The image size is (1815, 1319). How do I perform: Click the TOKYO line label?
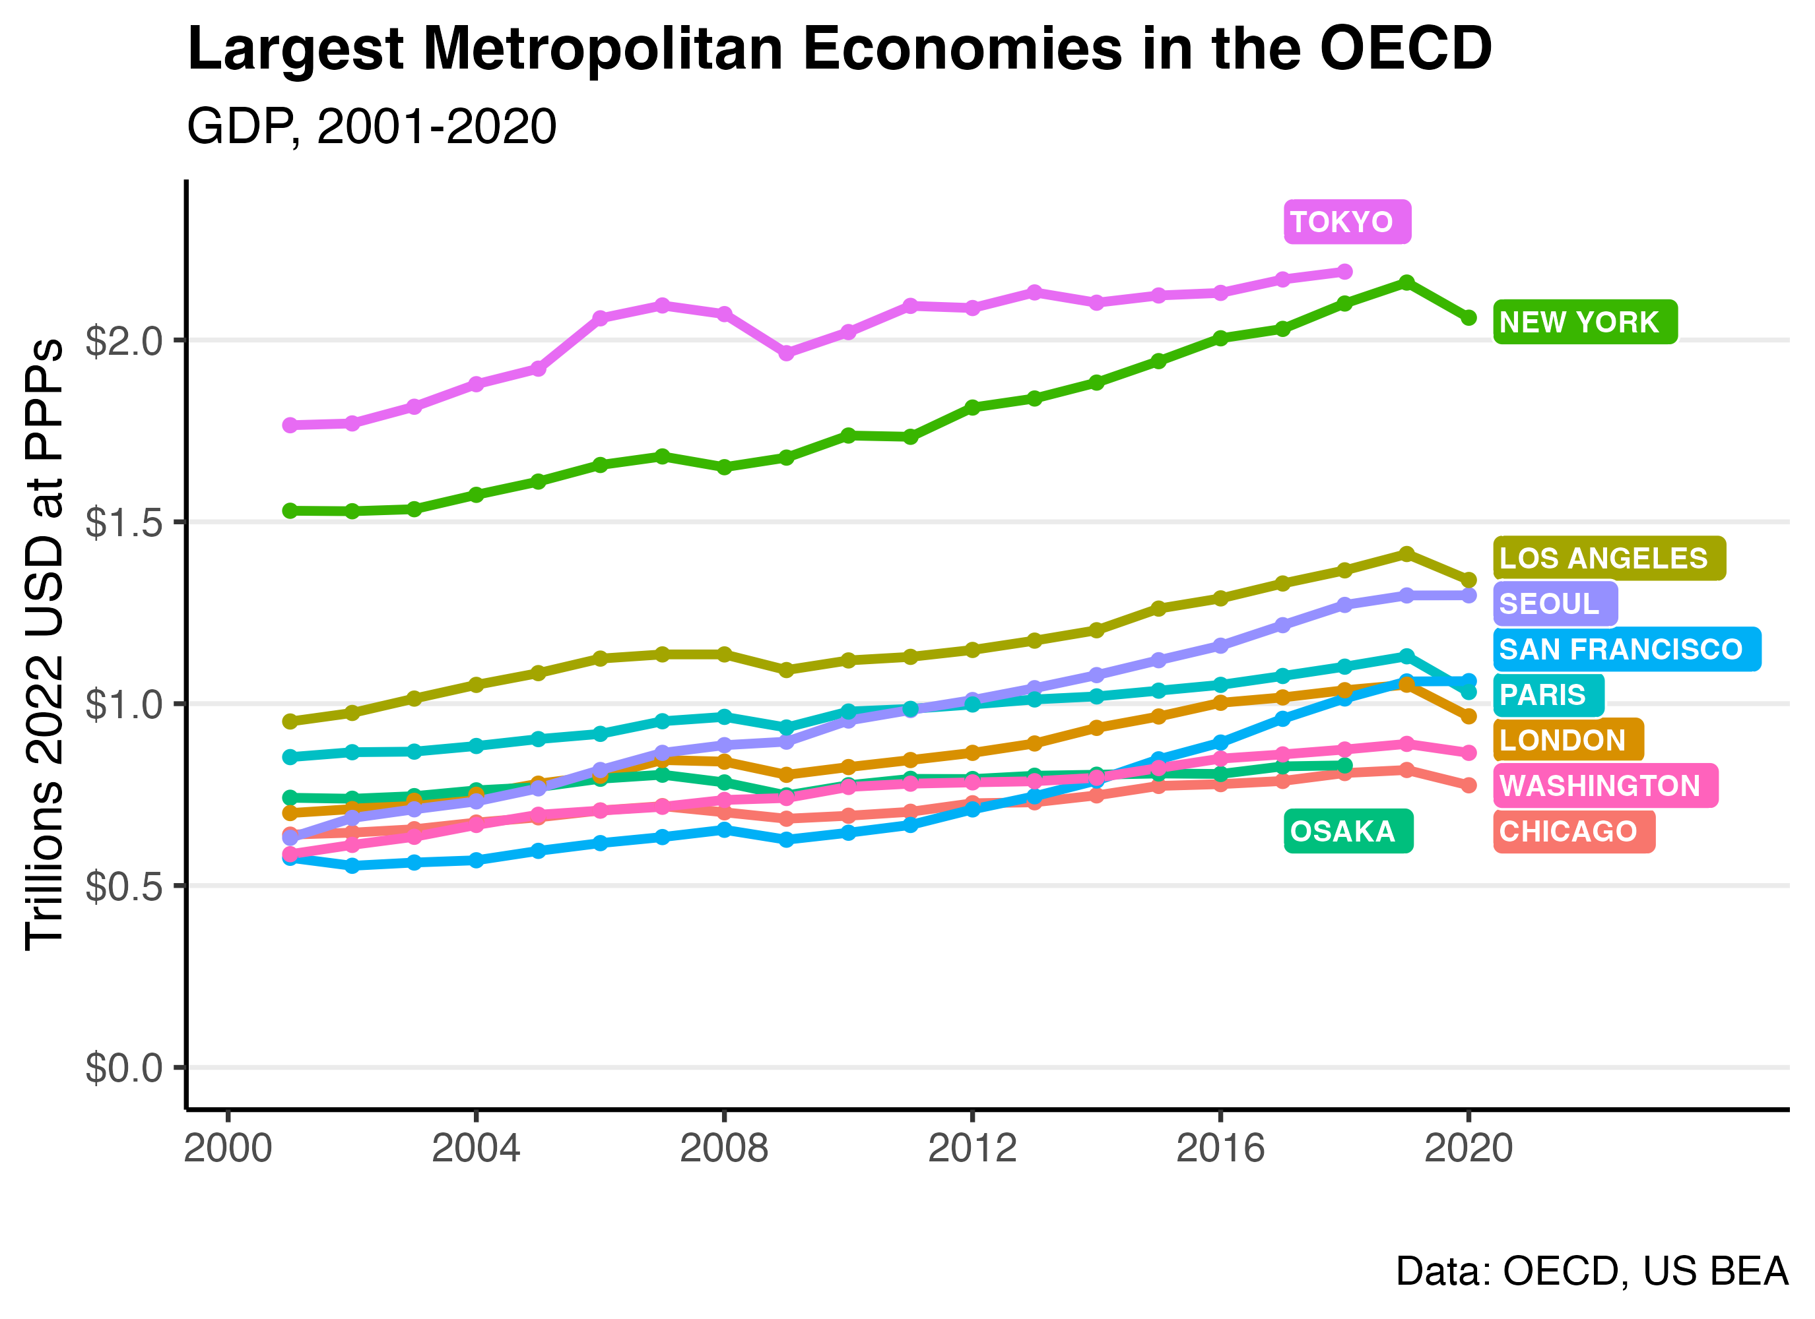tap(1347, 222)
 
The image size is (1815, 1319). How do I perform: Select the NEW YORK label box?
tap(1585, 322)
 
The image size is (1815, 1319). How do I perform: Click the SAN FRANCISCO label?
tap(1626, 649)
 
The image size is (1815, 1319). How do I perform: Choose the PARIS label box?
tap(1548, 694)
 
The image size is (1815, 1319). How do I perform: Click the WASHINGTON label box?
tap(1604, 785)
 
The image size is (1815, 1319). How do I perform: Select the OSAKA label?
tap(1348, 831)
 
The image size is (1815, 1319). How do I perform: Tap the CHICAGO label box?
tap(1573, 831)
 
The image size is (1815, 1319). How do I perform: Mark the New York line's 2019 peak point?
tap(1406, 282)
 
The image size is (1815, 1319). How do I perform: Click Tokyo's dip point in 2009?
tap(786, 353)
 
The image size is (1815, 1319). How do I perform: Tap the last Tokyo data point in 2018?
tap(1344, 272)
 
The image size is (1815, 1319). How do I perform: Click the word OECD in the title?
tap(1405, 49)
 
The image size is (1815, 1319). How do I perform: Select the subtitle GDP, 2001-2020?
tap(372, 127)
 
